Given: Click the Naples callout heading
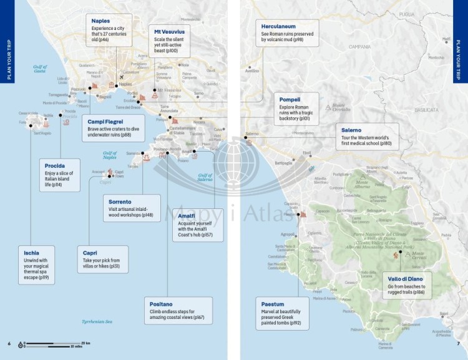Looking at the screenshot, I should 101,21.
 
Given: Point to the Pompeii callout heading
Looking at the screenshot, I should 290,99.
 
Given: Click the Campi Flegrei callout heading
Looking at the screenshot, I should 105,121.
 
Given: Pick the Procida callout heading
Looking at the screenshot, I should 56,165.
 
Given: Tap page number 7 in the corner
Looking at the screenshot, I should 458,343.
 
